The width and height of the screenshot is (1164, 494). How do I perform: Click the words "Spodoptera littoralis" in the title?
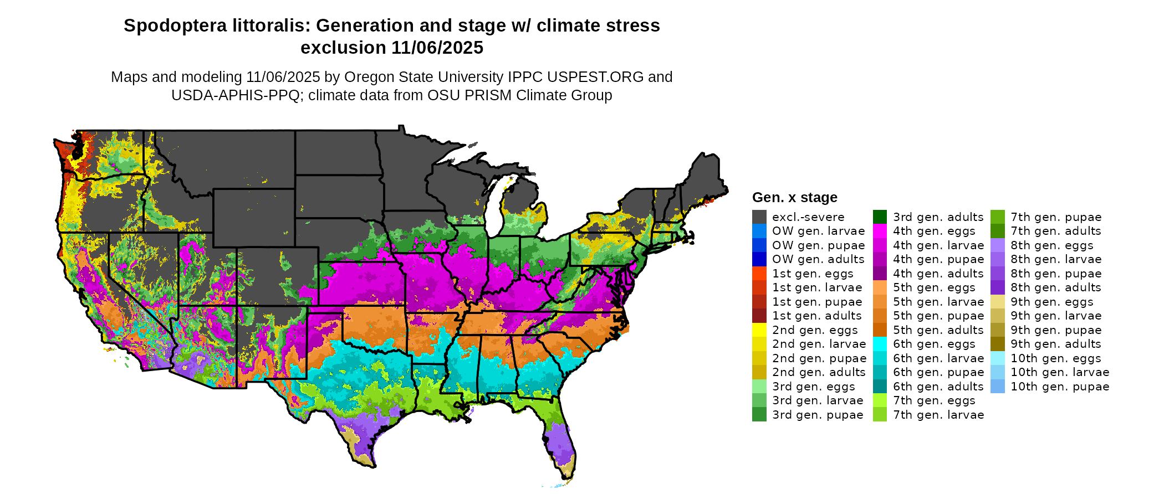point(217,25)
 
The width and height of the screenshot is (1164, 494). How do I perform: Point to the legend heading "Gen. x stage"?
point(794,198)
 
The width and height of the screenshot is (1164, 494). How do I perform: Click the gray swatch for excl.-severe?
point(759,217)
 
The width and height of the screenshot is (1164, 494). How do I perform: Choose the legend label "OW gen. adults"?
point(818,259)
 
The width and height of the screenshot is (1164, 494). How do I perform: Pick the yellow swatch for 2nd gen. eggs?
point(759,330)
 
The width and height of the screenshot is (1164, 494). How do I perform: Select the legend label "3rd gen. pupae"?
point(818,415)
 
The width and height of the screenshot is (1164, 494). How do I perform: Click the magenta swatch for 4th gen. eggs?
point(880,231)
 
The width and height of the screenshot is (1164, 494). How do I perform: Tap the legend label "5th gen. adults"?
point(938,330)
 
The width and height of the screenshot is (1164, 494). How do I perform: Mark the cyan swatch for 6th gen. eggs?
point(880,344)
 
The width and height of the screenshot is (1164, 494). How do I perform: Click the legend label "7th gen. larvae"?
point(938,415)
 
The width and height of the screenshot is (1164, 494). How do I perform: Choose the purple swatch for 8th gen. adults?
point(997,287)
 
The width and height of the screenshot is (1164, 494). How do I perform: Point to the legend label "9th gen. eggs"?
point(1051,302)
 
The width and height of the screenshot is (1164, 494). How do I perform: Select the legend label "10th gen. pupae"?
point(1059,387)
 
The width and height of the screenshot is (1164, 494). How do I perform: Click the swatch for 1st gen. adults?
point(759,316)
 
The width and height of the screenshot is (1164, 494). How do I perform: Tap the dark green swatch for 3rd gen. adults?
point(880,217)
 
